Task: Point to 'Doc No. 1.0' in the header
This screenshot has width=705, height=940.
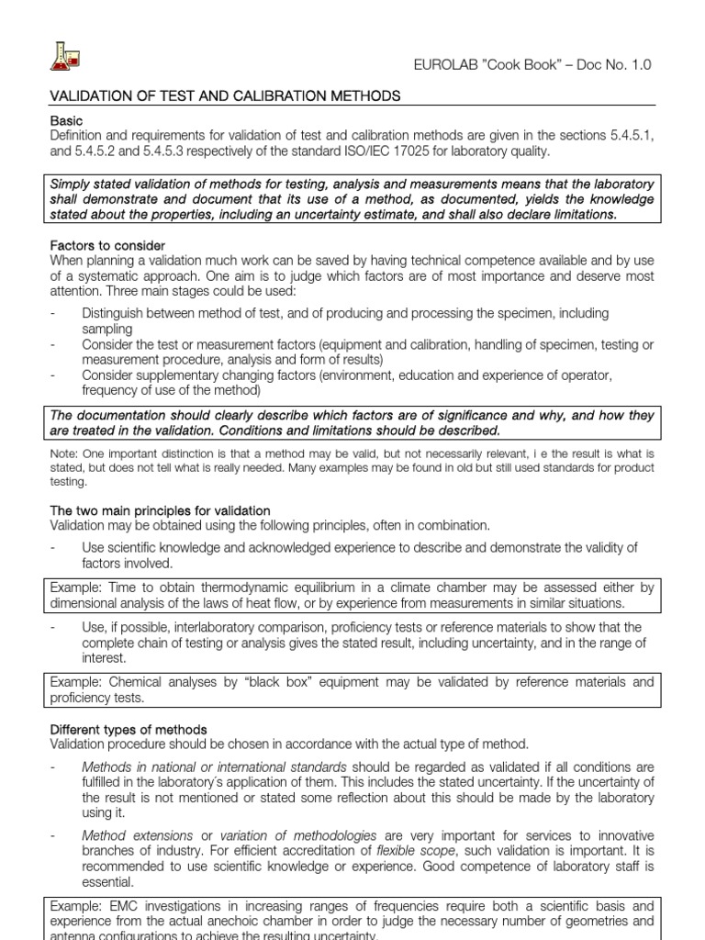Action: click(x=617, y=64)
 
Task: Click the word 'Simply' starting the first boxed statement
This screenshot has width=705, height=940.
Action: click(x=75, y=185)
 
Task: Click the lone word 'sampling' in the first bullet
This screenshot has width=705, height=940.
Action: click(x=106, y=329)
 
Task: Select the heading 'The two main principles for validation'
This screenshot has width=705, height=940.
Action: click(x=159, y=510)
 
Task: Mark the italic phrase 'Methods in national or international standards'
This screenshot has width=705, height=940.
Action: click(x=214, y=767)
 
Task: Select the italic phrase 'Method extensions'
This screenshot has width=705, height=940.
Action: click(x=137, y=836)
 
